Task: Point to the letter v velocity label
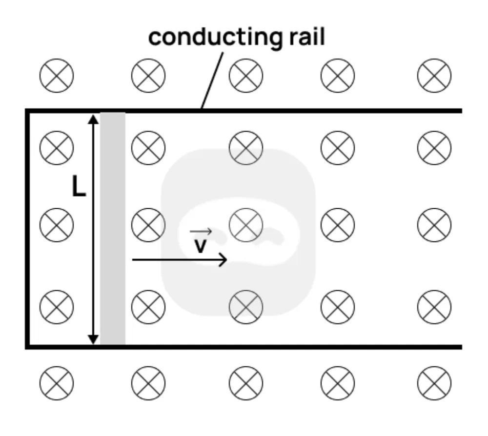pyautogui.click(x=200, y=246)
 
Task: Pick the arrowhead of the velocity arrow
pyautogui.click(x=224, y=260)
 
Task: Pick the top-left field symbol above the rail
pyautogui.click(x=56, y=76)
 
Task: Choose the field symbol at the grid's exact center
pyautogui.click(x=246, y=224)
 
